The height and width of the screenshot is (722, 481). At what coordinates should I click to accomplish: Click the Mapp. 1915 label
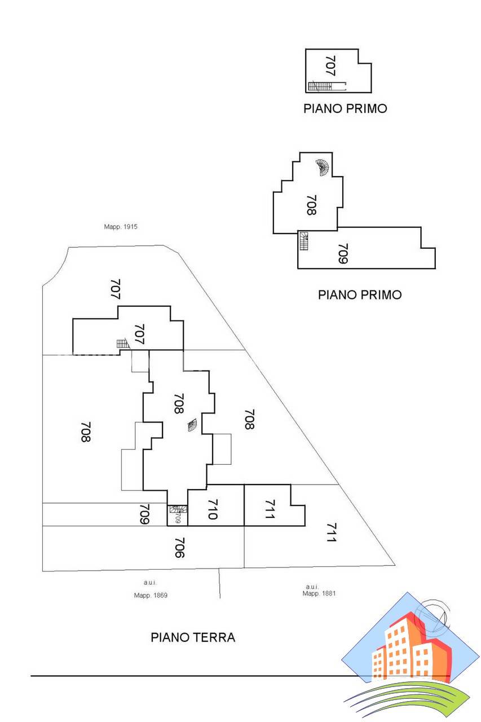(x=121, y=227)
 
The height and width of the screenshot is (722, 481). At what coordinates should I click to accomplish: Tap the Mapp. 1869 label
(x=151, y=595)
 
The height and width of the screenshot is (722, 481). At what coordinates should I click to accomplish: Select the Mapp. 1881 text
(x=319, y=593)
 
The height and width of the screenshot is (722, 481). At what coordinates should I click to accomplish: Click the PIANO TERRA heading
(x=193, y=637)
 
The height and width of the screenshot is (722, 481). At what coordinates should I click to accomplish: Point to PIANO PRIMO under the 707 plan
(x=345, y=108)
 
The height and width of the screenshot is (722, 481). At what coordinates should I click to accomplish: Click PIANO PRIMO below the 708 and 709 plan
(x=360, y=294)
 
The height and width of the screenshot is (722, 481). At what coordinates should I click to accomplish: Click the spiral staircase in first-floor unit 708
(x=323, y=167)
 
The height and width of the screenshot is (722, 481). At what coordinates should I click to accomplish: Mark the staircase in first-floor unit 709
(x=304, y=241)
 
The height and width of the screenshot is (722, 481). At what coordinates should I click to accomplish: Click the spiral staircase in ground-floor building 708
(x=193, y=425)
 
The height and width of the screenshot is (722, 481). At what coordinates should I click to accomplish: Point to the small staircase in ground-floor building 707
(x=122, y=344)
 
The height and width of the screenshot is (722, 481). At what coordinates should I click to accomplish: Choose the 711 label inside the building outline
(x=270, y=509)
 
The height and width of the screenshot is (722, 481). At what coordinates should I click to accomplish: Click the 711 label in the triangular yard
(x=330, y=532)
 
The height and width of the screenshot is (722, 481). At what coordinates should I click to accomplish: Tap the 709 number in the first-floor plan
(x=343, y=253)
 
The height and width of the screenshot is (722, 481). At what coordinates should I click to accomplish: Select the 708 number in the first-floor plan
(x=311, y=205)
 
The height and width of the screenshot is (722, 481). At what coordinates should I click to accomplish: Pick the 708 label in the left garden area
(x=86, y=432)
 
